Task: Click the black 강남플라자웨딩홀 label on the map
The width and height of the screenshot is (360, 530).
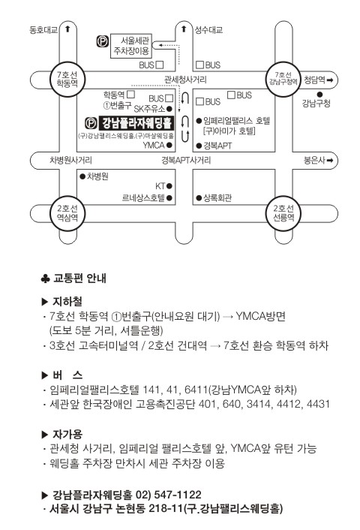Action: [136, 123]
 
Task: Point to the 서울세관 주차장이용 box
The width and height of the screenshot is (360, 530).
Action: [131, 46]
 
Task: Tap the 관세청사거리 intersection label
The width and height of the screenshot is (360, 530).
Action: [185, 80]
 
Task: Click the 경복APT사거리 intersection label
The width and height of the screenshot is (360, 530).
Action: [186, 160]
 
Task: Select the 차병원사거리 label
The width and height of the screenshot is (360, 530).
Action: [70, 160]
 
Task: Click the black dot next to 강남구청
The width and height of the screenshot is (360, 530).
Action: [319, 95]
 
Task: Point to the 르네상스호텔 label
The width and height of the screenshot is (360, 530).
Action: [143, 197]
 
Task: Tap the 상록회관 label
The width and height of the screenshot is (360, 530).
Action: [217, 197]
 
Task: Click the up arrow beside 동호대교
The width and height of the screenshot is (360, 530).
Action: [67, 29]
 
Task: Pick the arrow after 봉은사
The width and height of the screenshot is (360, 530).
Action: [329, 160]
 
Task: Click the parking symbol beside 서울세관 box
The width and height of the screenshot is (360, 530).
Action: [103, 41]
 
